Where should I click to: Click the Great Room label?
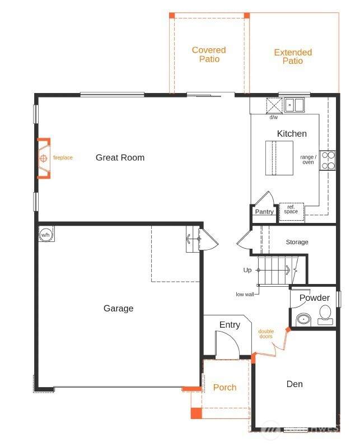[x=120, y=157]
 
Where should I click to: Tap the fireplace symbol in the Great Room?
[x=44, y=158]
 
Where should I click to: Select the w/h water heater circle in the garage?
[x=45, y=234]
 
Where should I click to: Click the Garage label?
[x=118, y=308]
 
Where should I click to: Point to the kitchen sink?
[x=294, y=105]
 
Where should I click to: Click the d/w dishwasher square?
[x=274, y=106]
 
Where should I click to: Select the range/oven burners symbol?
[x=328, y=161]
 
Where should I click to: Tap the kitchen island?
[x=279, y=157]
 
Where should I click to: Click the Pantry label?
[x=264, y=212]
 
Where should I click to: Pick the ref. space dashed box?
[x=291, y=212]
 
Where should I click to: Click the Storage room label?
[x=297, y=242]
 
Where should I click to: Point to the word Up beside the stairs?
[x=247, y=270]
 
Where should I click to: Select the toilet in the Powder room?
[x=325, y=315]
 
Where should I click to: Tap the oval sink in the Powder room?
[x=303, y=319]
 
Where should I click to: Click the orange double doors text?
[x=266, y=333]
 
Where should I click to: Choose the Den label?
[x=294, y=384]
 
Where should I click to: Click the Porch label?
[x=225, y=387]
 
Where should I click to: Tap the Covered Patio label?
[x=209, y=54]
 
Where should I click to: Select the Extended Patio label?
[x=293, y=57]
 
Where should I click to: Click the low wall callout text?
[x=245, y=294]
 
